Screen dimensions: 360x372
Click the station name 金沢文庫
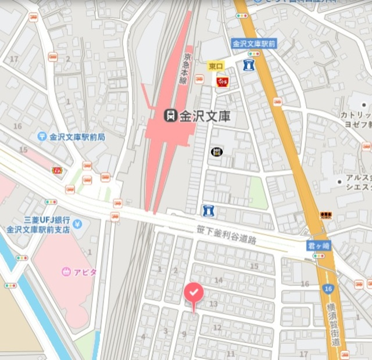coord(204,116)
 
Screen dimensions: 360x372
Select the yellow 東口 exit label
coord(216,67)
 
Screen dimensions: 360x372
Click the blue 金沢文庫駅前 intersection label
coord(253,44)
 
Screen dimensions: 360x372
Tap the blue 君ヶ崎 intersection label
coord(319,246)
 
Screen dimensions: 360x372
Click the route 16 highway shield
coord(329,289)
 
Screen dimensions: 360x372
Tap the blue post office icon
coord(42,136)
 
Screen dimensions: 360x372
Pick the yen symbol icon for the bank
coord(77,224)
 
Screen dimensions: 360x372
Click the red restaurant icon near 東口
coord(222,82)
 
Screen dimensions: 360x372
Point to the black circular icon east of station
coord(217,152)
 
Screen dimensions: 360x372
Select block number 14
coord(219,280)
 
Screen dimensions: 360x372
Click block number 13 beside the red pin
coord(213,304)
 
